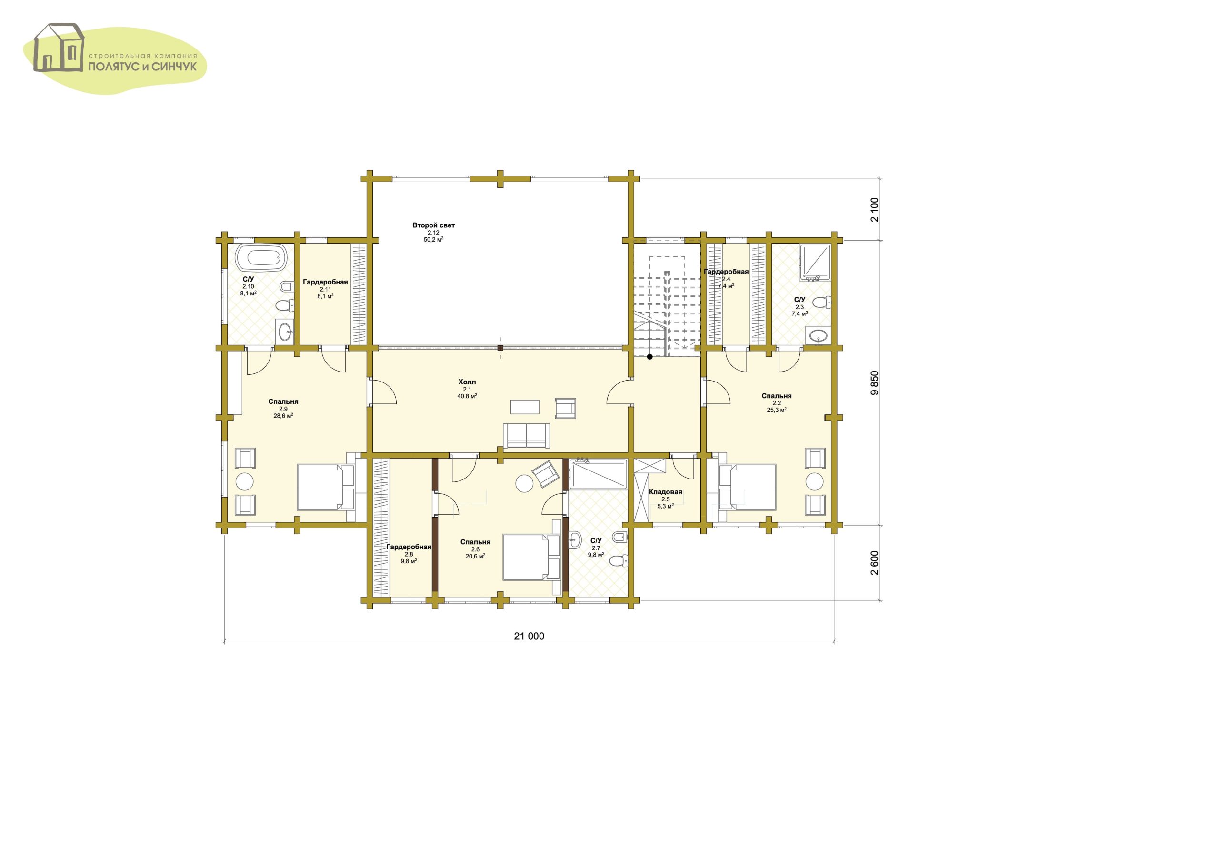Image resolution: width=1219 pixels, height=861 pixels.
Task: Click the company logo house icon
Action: (59, 47)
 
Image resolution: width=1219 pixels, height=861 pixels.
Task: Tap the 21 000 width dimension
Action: (529, 636)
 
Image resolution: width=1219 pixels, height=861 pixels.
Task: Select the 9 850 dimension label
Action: (875, 382)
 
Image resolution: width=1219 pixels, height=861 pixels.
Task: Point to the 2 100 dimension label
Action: (875, 210)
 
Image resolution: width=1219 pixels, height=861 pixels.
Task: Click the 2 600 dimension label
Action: (875, 563)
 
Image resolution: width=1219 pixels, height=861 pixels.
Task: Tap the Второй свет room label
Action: (433, 225)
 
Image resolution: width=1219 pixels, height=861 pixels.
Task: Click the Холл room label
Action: (467, 382)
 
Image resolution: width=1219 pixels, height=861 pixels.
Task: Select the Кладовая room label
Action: (665, 492)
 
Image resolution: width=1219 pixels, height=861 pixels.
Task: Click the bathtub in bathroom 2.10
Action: (261, 258)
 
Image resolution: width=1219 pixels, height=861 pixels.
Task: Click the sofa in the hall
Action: (527, 436)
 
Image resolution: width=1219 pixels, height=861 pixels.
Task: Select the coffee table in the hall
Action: (525, 406)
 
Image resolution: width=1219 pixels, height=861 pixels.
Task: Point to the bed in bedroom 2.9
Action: (325, 487)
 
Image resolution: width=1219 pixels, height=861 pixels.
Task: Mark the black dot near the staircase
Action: (649, 357)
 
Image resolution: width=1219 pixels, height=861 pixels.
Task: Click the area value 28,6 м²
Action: (283, 416)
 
